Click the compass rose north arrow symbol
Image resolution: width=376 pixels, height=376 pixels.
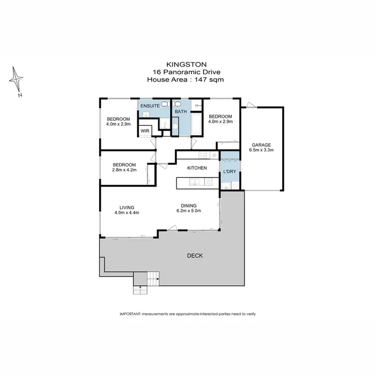[x=17, y=80]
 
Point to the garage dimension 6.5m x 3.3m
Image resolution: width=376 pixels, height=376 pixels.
[x=261, y=150]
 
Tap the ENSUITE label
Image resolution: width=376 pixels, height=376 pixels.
[x=149, y=106]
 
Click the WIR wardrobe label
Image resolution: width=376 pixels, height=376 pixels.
[x=145, y=131]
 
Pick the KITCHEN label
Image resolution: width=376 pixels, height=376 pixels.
[x=197, y=168]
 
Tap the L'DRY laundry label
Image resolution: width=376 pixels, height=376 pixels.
[x=229, y=171]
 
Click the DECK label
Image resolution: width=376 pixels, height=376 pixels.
[x=195, y=256]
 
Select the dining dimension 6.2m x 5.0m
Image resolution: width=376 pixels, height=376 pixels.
[x=189, y=211]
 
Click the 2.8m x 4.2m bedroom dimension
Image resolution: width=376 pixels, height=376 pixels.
[x=124, y=170]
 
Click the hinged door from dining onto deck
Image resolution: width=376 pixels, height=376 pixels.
[x=173, y=228]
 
